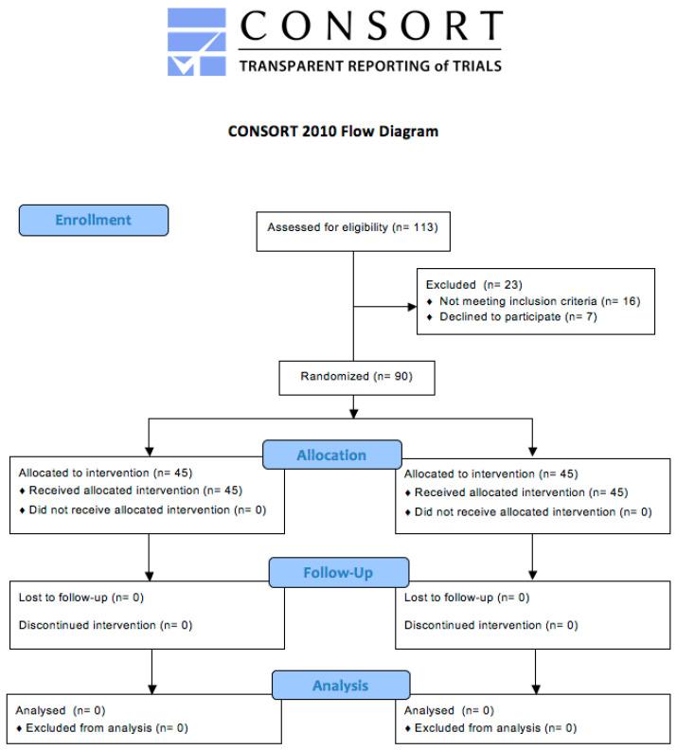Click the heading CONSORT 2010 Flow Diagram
333,132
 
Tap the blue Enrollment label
93,220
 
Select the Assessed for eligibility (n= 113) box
352,227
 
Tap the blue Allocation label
331,455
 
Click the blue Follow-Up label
339,573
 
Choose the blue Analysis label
340,685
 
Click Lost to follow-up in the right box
467,598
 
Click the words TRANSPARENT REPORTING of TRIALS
369,66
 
